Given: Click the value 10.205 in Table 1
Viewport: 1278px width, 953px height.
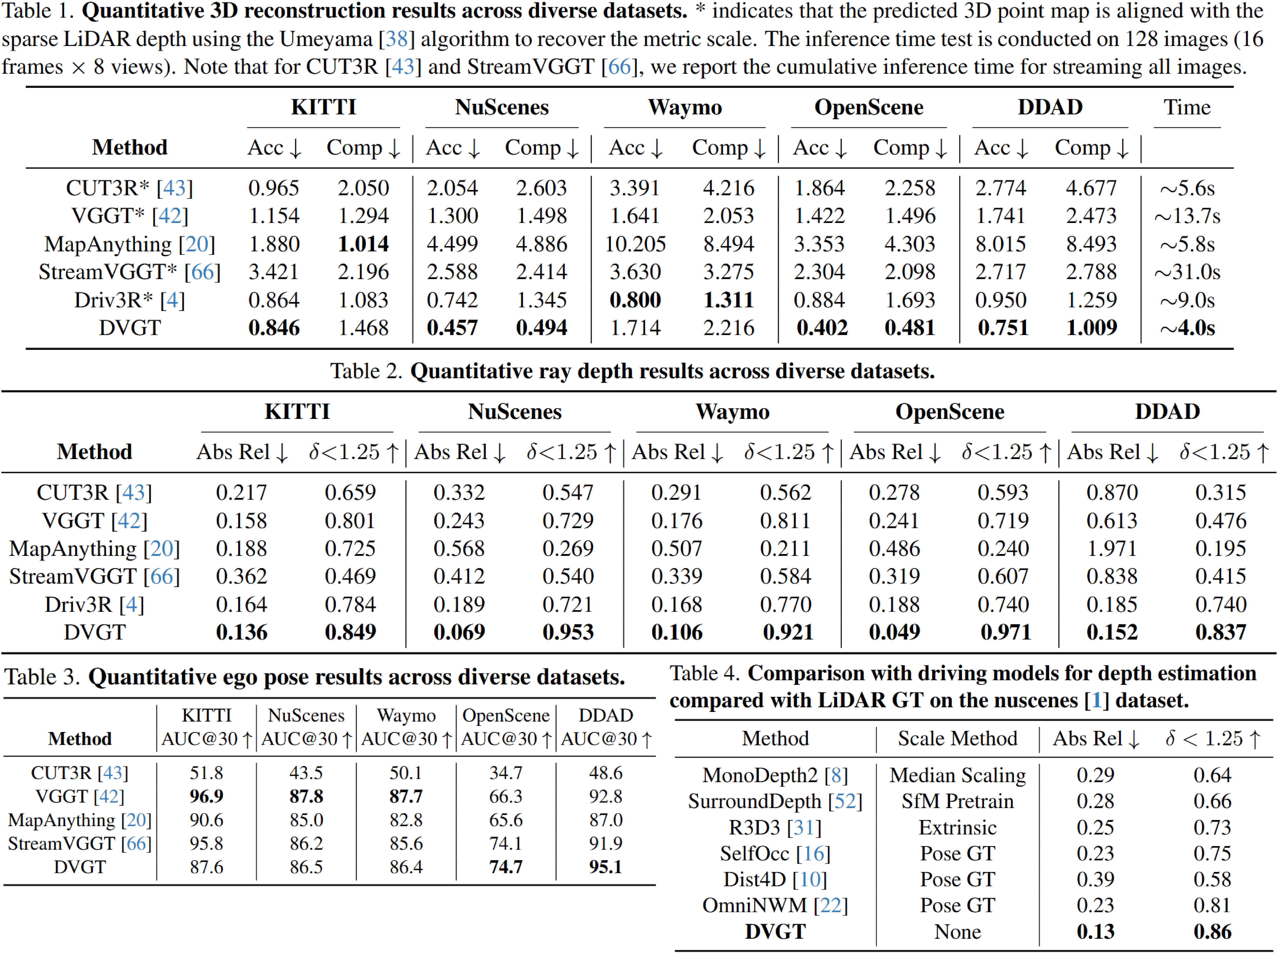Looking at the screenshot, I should (635, 244).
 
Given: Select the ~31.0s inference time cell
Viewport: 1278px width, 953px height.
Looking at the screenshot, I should (1187, 272).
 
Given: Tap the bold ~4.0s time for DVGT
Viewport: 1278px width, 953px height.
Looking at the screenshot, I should (1187, 328).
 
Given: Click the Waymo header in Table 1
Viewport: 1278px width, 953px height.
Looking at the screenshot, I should (685, 107).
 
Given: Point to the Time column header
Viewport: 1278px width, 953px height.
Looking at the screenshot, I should (1187, 107).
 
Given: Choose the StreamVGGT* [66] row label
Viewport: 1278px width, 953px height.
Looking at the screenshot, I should (129, 272).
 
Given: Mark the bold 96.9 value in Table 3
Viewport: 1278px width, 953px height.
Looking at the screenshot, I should (206, 797).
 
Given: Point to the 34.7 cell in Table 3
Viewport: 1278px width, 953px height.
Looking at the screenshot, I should (506, 773).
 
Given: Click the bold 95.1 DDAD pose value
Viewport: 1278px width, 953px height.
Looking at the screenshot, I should (606, 867).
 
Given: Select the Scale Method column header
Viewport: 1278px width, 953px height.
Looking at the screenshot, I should (957, 738).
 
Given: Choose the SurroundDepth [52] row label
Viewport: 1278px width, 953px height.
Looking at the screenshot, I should (775, 801).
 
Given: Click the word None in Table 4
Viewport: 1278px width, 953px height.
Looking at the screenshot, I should (957, 932).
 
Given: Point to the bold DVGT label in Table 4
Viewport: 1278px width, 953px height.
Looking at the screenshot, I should (775, 932).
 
